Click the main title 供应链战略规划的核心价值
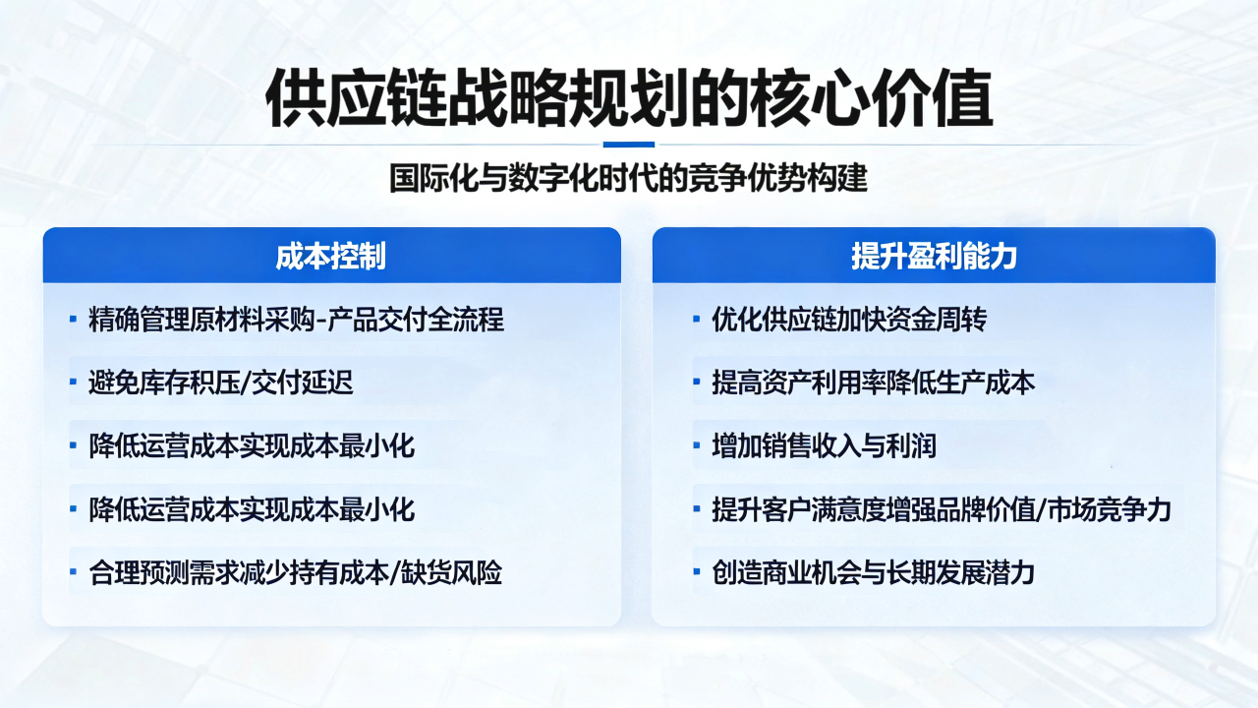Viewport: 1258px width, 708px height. coord(629,99)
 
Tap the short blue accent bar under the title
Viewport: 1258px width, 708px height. coord(629,145)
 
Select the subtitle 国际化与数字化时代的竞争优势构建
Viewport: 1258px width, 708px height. coord(629,178)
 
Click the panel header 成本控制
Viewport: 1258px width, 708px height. coord(331,257)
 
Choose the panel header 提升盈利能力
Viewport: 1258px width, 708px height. coord(934,257)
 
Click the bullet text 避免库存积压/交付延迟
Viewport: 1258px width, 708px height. coord(221,383)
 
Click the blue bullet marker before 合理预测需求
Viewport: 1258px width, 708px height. coord(73,572)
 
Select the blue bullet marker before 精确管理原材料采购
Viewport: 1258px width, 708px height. coord(73,319)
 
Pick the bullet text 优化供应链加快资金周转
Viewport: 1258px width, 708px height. coord(849,320)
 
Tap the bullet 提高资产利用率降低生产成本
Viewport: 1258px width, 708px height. coord(874,383)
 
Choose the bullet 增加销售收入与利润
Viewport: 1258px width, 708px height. coord(824,446)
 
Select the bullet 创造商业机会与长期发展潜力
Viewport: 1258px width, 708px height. coord(874,573)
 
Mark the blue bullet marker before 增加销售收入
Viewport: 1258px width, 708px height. coord(697,445)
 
